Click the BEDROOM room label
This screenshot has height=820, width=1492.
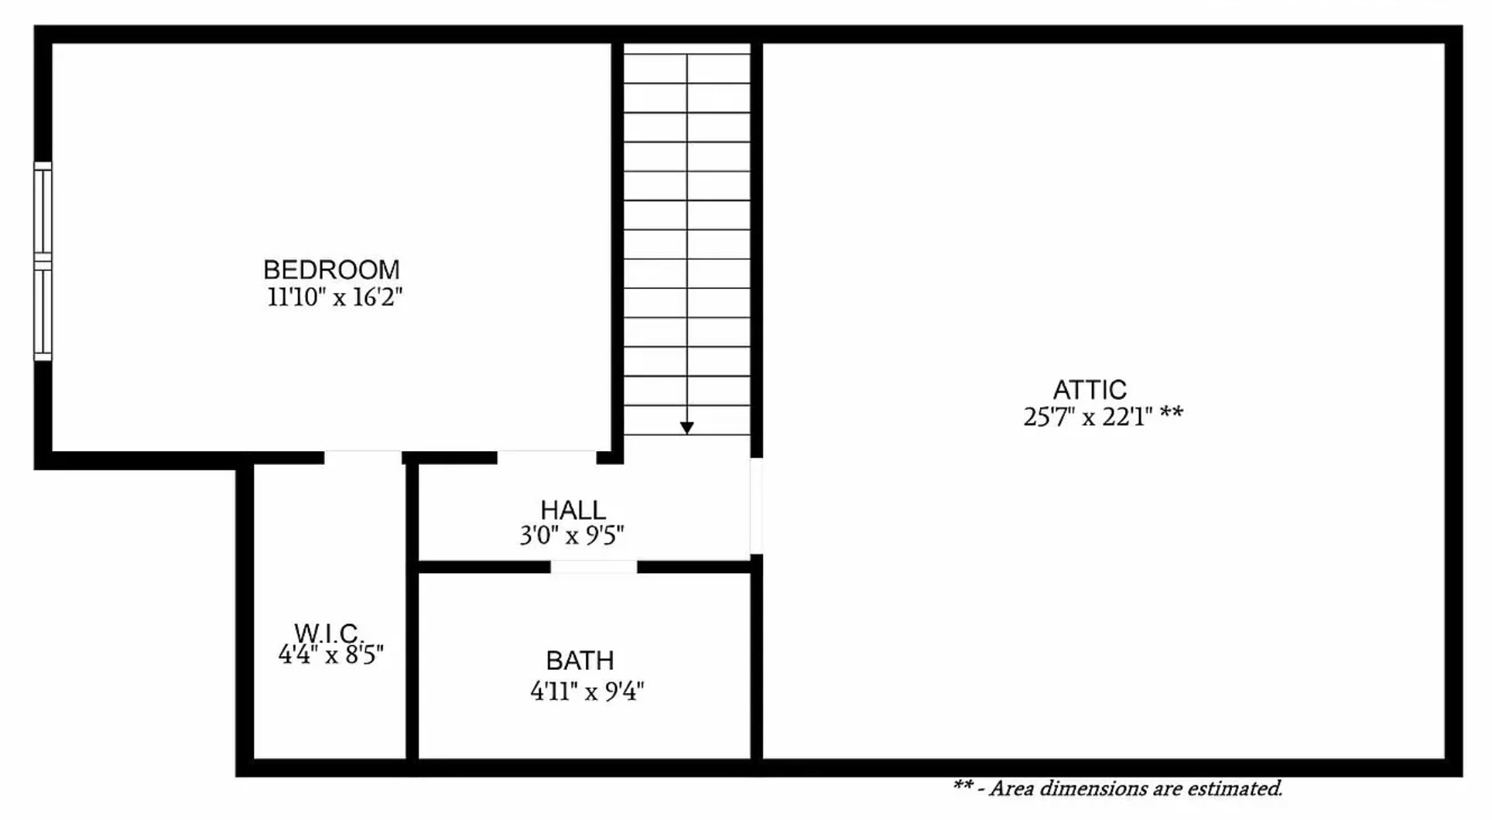click(331, 270)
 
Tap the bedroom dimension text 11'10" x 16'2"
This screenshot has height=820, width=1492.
click(334, 297)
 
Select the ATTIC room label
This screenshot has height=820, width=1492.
click(1089, 389)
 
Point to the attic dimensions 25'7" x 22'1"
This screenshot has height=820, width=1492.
click(1087, 417)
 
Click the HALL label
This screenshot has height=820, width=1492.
click(573, 510)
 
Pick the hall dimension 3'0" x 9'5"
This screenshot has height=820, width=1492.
click(571, 535)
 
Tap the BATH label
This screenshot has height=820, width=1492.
click(580, 661)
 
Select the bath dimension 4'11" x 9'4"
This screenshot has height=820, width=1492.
click(587, 691)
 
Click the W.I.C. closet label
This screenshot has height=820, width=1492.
click(326, 633)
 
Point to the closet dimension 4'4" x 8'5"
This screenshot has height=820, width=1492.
click(330, 655)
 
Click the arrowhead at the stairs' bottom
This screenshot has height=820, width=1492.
click(686, 428)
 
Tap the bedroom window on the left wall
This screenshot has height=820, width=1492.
click(43, 261)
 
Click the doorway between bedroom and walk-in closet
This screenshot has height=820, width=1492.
click(362, 457)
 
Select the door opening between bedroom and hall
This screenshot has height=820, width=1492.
click(546, 457)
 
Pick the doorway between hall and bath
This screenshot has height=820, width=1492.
click(594, 567)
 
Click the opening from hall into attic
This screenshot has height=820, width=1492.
click(756, 505)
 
